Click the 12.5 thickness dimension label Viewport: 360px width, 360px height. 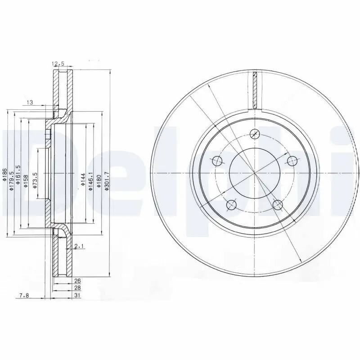coord(58,63)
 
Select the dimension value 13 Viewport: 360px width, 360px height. coord(30,103)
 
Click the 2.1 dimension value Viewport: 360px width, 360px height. coord(79,246)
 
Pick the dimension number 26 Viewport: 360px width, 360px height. coord(77,281)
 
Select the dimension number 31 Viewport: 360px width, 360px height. coord(77,295)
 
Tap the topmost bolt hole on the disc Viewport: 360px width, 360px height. coord(255,134)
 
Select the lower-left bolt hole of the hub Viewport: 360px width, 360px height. coord(232,205)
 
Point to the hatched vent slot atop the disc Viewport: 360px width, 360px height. coord(255,90)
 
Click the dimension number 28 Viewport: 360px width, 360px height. coord(77,288)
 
